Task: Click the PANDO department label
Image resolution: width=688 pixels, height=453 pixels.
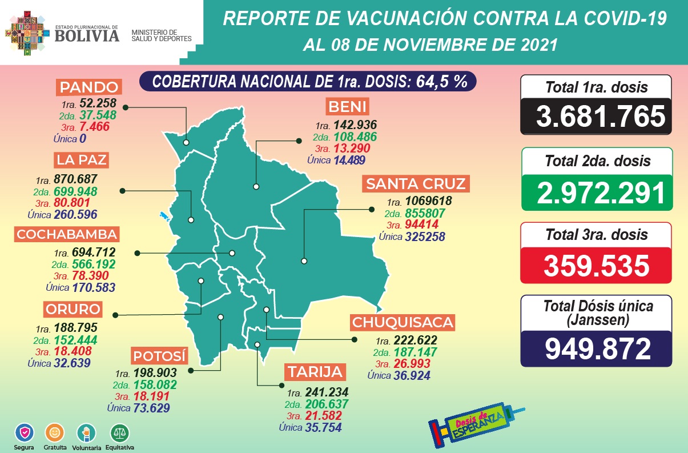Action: tap(89, 88)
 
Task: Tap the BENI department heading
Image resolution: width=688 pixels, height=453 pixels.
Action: tap(348, 107)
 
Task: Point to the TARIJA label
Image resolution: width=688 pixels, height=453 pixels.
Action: tap(315, 372)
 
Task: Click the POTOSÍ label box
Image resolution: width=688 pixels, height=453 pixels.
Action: tap(159, 356)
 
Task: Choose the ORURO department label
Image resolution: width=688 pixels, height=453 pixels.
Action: tap(73, 309)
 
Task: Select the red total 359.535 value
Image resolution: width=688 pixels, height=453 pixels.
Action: tap(597, 266)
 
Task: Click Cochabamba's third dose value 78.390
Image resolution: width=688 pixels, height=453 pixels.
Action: tap(93, 276)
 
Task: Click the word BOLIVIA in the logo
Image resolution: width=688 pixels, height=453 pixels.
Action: tap(87, 36)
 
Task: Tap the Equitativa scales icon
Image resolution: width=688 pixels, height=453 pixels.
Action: tap(120, 431)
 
